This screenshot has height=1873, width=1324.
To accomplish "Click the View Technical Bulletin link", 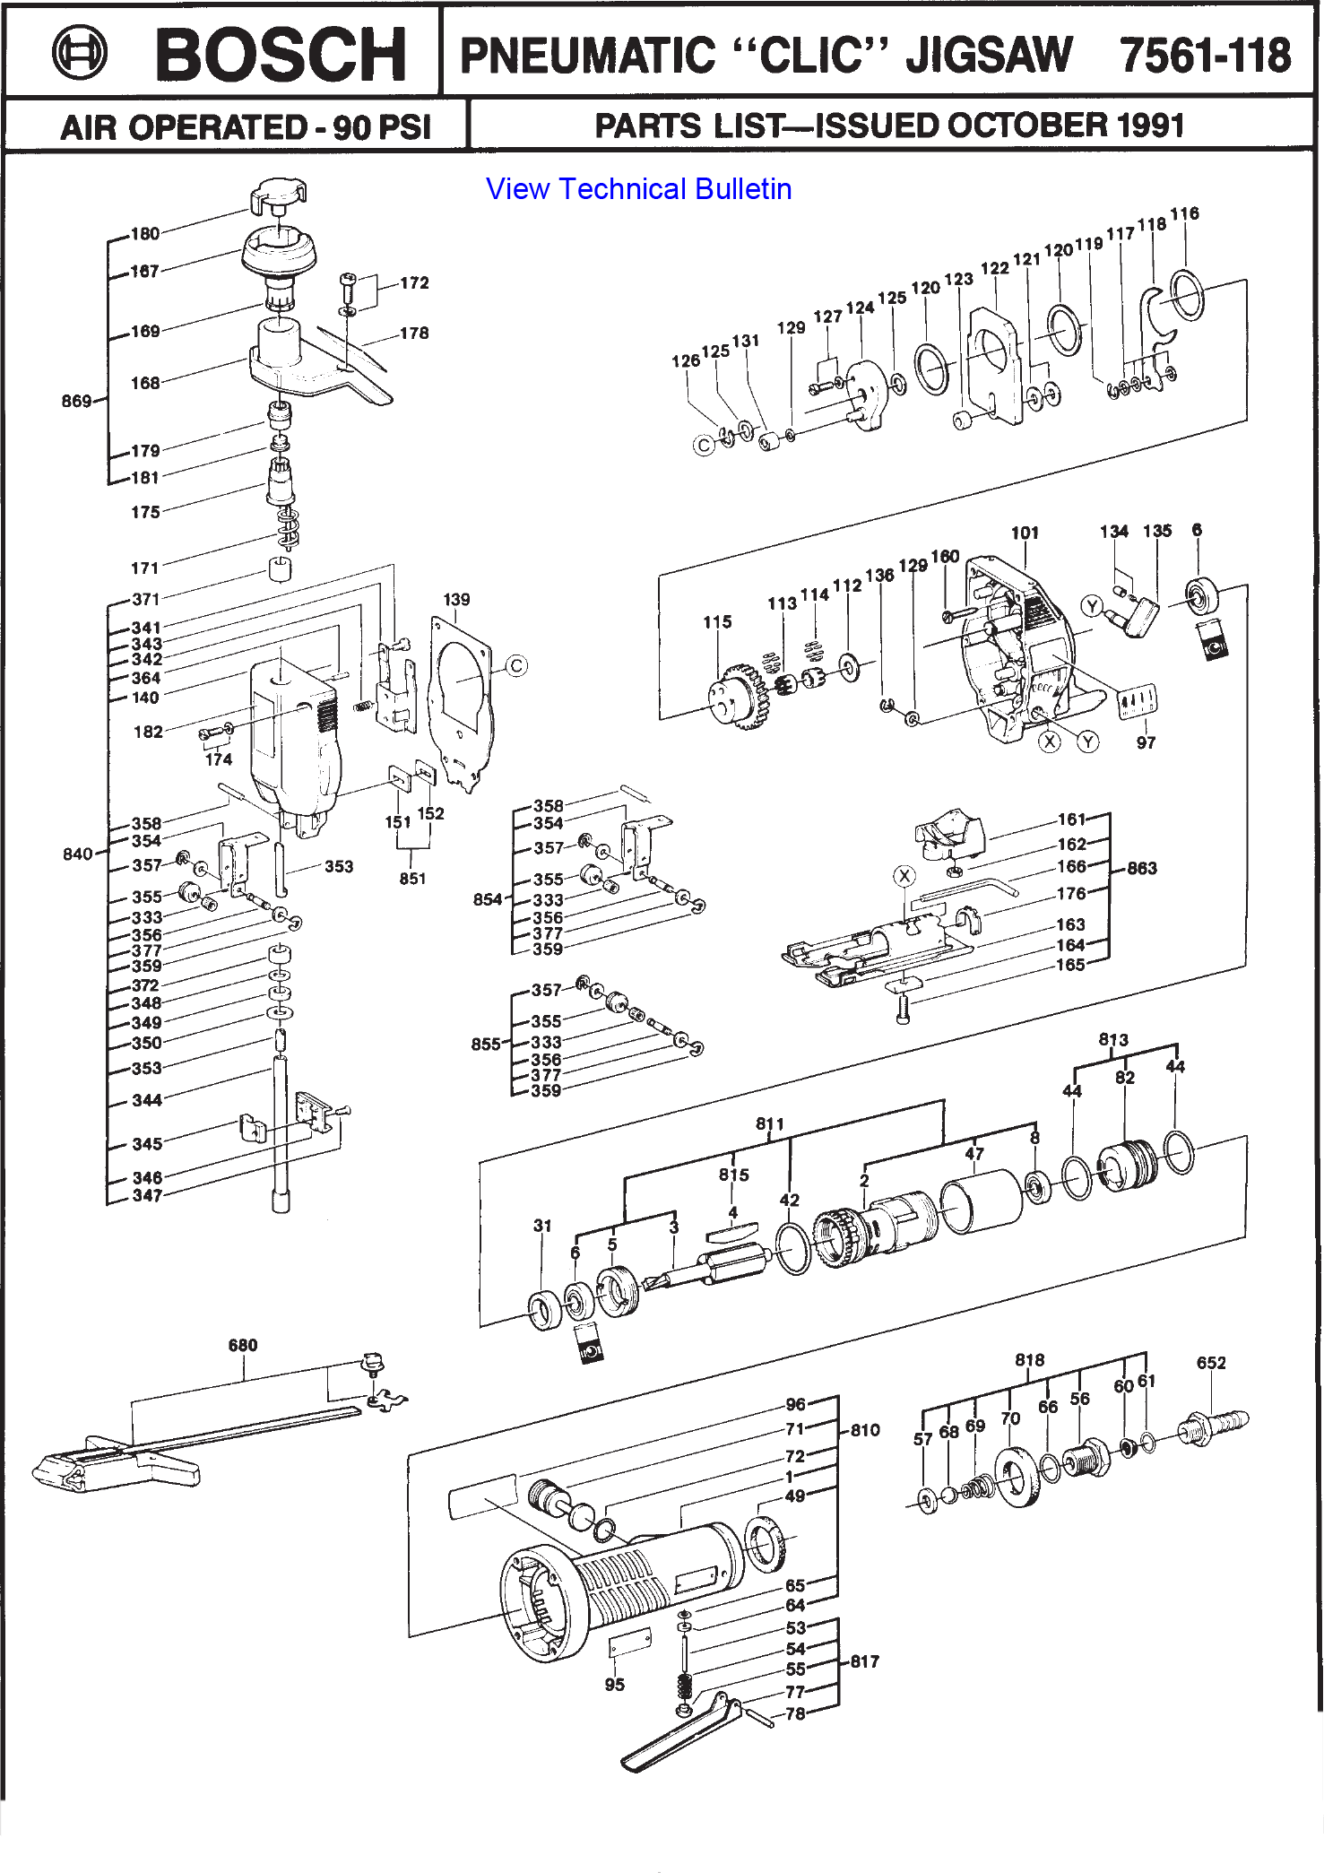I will tap(638, 189).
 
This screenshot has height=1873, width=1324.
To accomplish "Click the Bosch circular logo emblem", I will tap(79, 53).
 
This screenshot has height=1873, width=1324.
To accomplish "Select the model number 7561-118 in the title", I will tap(1205, 55).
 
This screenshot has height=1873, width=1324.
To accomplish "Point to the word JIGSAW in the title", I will tap(989, 55).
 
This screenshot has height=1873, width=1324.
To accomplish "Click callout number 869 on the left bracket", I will tap(76, 401).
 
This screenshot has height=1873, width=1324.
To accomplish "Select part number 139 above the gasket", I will tap(456, 599).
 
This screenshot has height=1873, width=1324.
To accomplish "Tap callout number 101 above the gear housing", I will tap(1025, 533).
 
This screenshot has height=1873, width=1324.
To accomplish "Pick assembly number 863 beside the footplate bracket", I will tap(1141, 868).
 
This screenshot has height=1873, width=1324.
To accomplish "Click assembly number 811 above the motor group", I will tap(769, 1123).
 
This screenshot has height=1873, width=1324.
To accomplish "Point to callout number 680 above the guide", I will tap(243, 1345).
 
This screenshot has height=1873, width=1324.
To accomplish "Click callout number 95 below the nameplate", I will tap(614, 1685).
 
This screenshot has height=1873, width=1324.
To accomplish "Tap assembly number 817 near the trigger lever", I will tap(864, 1661).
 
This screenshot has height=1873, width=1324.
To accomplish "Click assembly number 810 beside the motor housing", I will tap(864, 1430).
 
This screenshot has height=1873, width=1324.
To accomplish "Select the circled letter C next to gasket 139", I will tap(516, 666).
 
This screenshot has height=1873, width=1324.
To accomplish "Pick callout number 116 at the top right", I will tap(1184, 213).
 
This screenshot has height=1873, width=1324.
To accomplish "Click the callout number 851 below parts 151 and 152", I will tap(412, 879).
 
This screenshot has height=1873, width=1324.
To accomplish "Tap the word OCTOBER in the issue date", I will tap(1017, 126).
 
